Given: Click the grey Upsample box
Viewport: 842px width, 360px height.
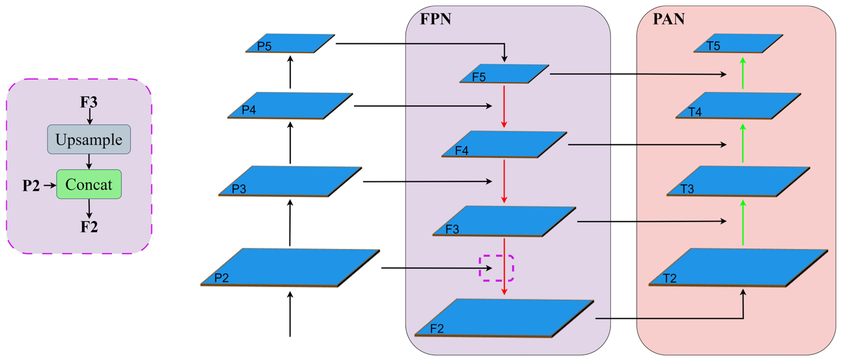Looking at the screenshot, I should pyautogui.click(x=89, y=139).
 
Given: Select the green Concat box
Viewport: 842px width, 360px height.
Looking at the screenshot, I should pyautogui.click(x=89, y=184).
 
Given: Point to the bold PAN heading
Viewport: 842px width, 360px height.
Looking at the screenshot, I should pyautogui.click(x=669, y=19).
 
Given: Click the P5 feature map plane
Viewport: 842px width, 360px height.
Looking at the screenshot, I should pyautogui.click(x=290, y=43).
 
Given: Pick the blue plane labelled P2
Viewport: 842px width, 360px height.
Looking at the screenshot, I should pyautogui.click(x=290, y=267).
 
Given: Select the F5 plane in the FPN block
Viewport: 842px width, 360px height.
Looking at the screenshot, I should pyautogui.click(x=504, y=74).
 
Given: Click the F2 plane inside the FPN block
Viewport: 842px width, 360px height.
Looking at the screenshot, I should pyautogui.click(x=504, y=318).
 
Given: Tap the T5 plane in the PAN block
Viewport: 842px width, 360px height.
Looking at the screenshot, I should pyautogui.click(x=738, y=43).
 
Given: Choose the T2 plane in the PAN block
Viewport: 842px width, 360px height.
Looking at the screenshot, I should pyautogui.click(x=738, y=267).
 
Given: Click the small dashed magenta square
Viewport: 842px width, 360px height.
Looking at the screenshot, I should pyautogui.click(x=496, y=268).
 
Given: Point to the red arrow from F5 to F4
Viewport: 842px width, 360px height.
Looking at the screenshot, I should pyautogui.click(x=504, y=106).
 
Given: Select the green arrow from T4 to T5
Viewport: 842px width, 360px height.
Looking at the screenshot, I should pyautogui.click(x=743, y=73).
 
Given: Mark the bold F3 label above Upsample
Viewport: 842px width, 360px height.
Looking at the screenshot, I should pyautogui.click(x=89, y=102).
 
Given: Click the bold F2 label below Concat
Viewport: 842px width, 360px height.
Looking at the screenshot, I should pyautogui.click(x=89, y=227).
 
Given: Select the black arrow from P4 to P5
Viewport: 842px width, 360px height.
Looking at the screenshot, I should pyautogui.click(x=290, y=73).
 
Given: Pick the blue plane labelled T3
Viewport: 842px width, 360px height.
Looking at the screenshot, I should pyautogui.click(x=738, y=181).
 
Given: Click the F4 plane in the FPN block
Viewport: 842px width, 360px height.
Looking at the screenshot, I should pyautogui.click(x=504, y=144).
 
